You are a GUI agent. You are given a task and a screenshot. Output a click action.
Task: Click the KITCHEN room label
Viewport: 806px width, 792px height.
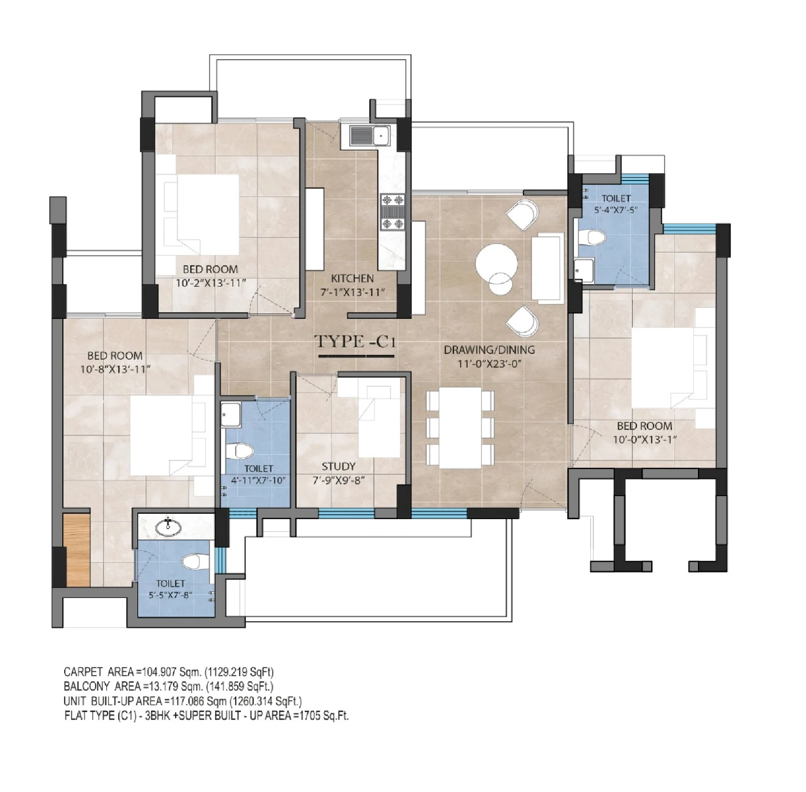(x=352, y=278)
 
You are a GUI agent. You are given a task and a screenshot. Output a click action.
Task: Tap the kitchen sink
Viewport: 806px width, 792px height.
(x=370, y=136)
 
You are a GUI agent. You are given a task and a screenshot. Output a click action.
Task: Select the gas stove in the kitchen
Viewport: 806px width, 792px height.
(x=393, y=213)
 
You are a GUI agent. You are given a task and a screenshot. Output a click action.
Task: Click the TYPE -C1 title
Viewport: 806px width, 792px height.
(x=355, y=341)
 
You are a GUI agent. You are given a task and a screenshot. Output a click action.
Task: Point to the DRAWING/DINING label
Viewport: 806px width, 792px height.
(x=489, y=350)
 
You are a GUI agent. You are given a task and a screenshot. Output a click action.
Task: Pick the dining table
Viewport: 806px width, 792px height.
(x=460, y=428)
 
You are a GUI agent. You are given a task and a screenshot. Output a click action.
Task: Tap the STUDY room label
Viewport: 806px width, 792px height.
(x=338, y=466)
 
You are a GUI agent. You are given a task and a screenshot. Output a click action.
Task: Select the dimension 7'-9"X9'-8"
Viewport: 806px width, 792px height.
(x=338, y=480)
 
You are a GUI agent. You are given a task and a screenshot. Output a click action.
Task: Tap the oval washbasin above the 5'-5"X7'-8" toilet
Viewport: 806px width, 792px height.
(x=169, y=527)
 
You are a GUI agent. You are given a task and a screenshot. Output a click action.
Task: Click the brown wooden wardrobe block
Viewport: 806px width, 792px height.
(x=77, y=550)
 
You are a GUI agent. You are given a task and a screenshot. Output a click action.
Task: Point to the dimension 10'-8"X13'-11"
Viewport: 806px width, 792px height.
(x=115, y=369)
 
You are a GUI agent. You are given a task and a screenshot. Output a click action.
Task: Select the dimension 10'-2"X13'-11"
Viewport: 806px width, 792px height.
(x=211, y=283)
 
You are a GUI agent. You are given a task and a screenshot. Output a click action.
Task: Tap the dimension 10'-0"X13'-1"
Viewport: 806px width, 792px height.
(x=644, y=440)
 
